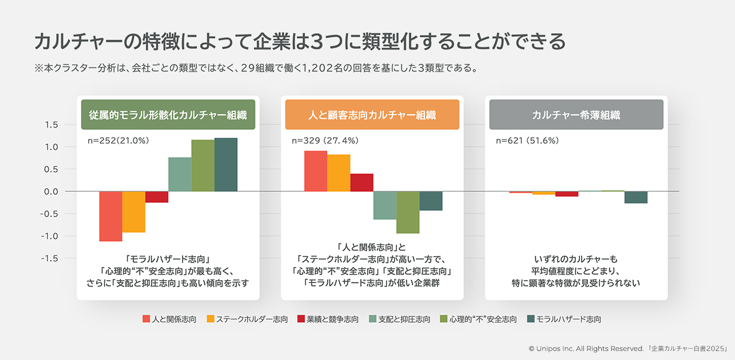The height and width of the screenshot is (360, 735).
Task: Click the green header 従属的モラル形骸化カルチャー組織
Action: [x=168, y=114]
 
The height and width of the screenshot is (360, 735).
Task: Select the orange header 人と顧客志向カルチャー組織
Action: [x=372, y=114]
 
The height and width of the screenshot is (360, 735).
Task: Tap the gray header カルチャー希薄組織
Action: [x=576, y=114]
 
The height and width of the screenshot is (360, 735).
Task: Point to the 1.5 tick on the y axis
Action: [x=51, y=125]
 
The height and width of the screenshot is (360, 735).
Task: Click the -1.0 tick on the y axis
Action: [x=50, y=236]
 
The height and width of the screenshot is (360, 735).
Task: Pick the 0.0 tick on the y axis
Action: [x=51, y=191]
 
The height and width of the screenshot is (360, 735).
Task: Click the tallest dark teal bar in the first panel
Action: [x=226, y=165]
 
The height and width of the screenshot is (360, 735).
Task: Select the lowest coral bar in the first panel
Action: [x=111, y=216]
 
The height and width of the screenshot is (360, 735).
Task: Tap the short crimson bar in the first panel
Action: [x=157, y=197]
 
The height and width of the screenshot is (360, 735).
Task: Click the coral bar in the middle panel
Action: [x=316, y=171]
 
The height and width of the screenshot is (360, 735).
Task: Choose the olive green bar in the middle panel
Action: [x=408, y=212]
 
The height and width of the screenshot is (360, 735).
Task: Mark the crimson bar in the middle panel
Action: [x=362, y=183]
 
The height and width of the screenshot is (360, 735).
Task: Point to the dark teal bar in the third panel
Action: [x=636, y=197]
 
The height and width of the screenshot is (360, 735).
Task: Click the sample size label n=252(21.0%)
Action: [x=118, y=140]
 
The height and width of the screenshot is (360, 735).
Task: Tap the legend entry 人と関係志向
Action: [x=169, y=319]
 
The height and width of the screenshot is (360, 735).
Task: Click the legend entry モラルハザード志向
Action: [x=564, y=319]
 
